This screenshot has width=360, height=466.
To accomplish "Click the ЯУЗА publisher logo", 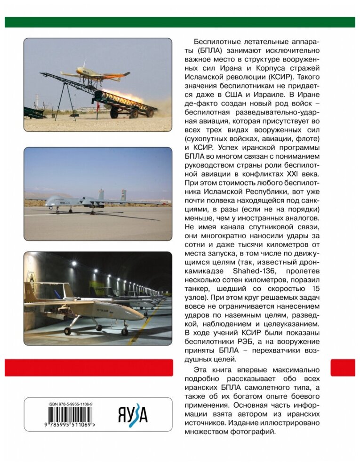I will (132, 415).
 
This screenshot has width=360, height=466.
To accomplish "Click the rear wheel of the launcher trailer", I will (150, 112).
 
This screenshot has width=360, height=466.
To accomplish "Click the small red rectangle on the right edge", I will (343, 368).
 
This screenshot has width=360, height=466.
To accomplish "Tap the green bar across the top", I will (180, 22).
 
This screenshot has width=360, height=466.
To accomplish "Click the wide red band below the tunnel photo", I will (89, 368).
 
